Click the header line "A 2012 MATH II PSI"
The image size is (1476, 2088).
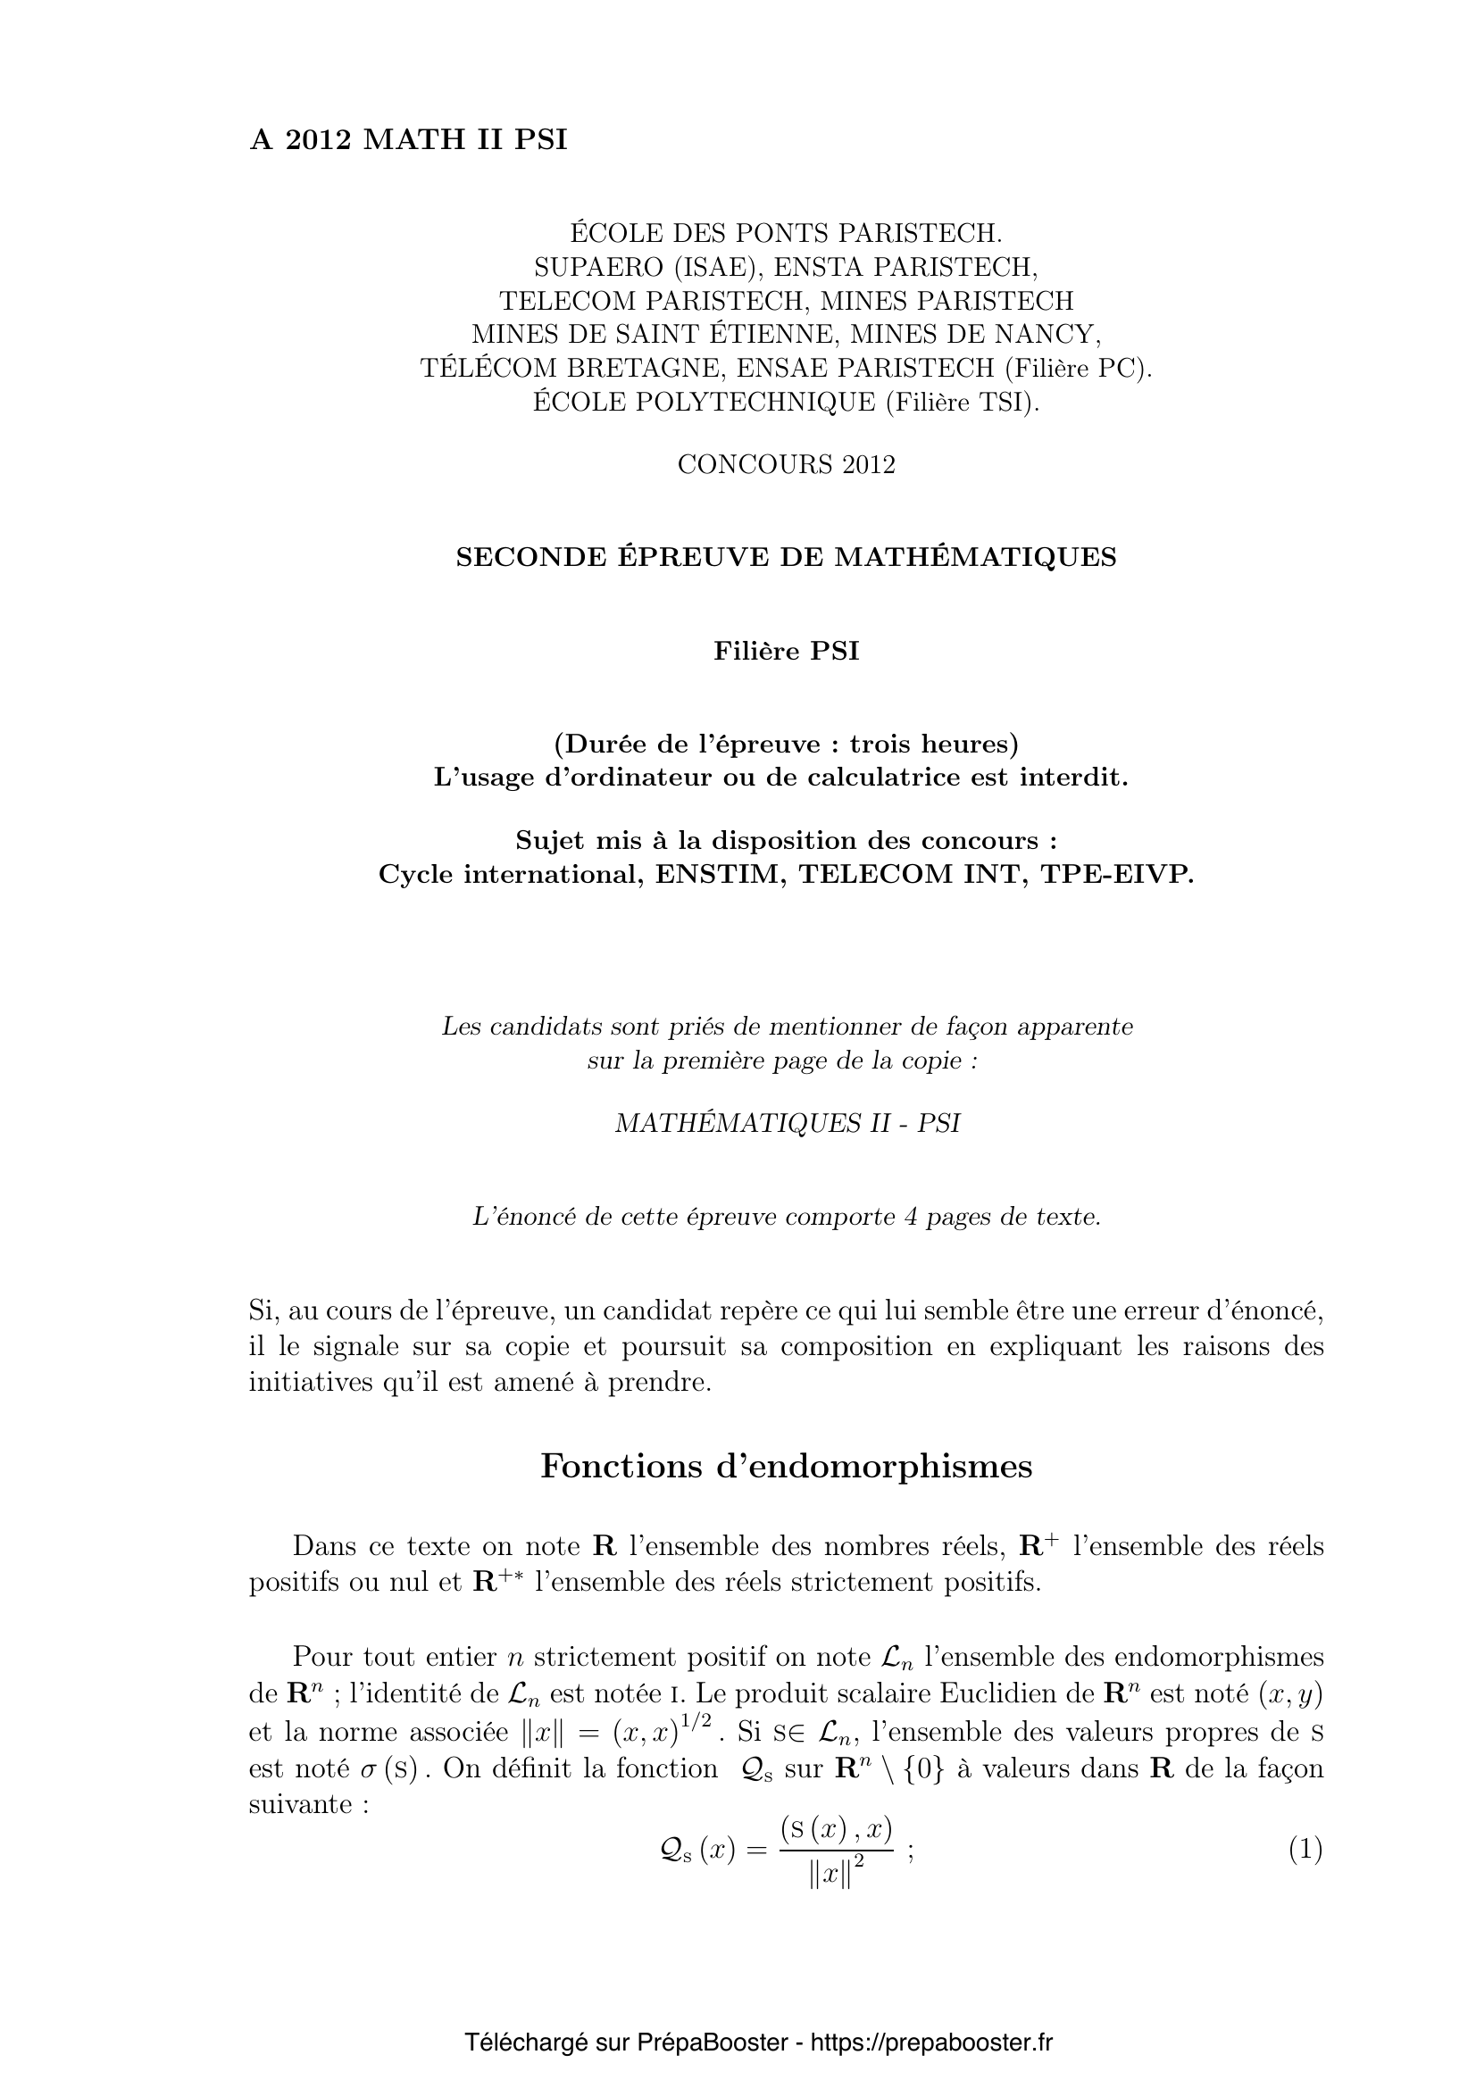(408, 140)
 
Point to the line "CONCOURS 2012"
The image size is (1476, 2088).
(786, 465)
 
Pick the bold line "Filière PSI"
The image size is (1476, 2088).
(786, 651)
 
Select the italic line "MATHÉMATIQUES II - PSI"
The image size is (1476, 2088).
(788, 1124)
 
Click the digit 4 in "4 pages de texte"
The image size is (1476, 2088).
(912, 1217)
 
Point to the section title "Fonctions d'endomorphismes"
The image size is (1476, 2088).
(786, 1466)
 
